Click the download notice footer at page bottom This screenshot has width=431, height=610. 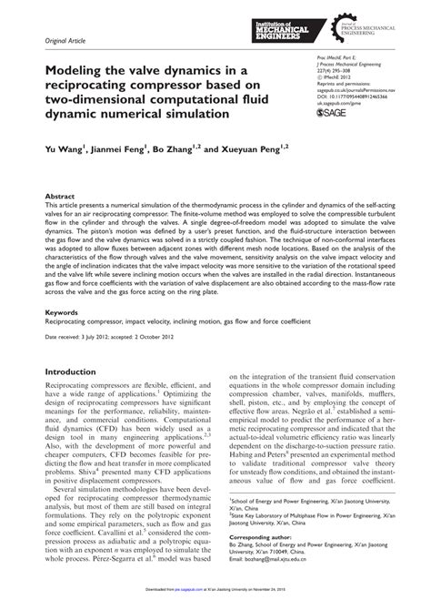(x=215, y=603)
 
